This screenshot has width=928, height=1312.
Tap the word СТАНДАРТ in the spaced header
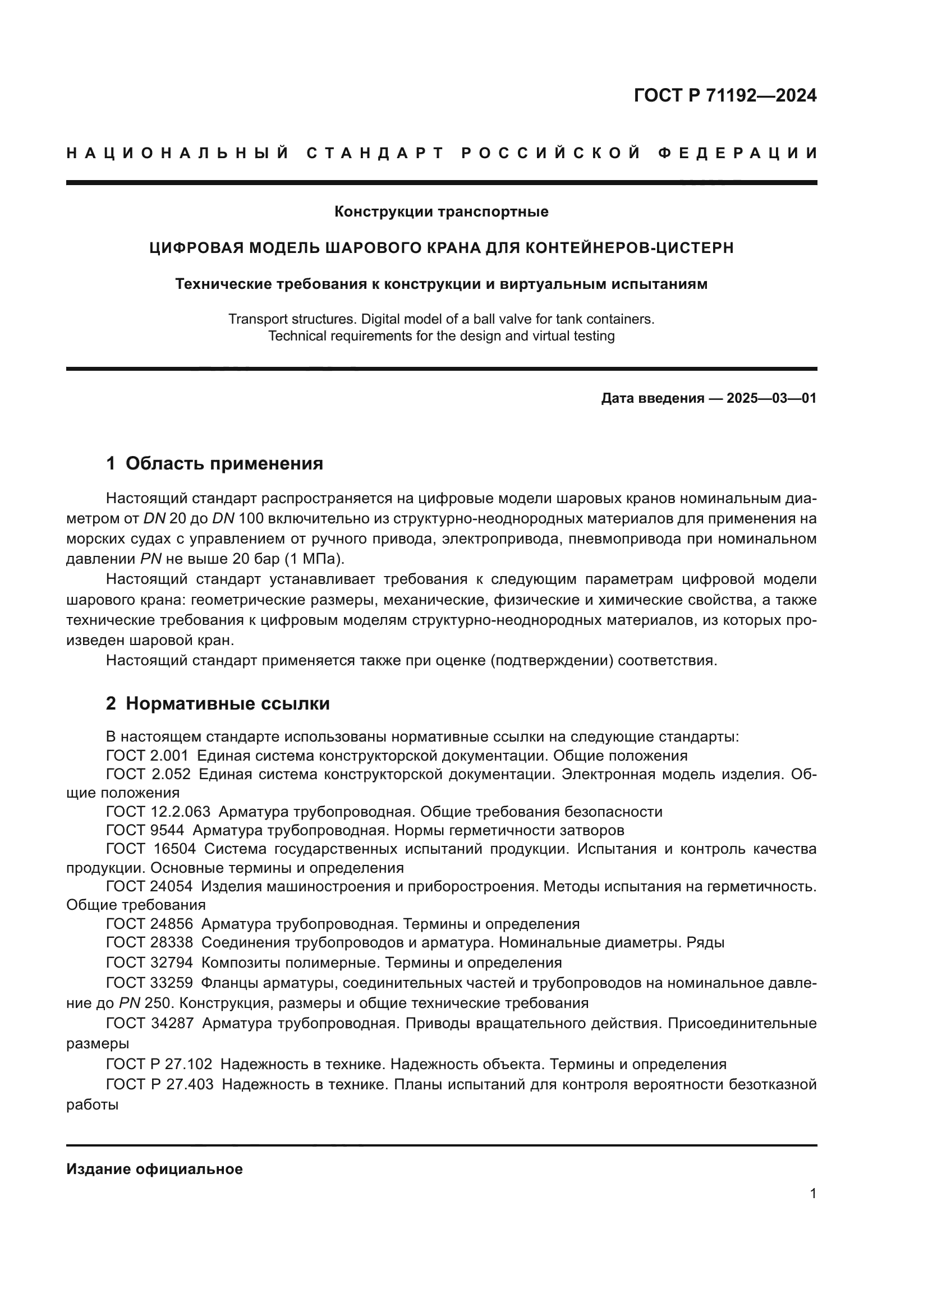click(375, 153)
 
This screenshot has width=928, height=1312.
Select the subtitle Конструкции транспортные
click(441, 212)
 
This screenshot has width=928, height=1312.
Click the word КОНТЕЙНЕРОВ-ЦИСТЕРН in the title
click(629, 248)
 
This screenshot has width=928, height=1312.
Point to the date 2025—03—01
click(771, 398)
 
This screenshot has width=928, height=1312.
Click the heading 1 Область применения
click(214, 463)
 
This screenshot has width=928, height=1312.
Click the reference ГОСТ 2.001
click(147, 756)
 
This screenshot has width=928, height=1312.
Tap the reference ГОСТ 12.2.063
click(158, 812)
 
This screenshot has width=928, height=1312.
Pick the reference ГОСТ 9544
click(145, 830)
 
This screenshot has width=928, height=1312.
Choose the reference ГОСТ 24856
click(150, 924)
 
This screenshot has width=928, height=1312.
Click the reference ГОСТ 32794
click(150, 963)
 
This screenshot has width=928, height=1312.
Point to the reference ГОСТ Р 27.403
click(159, 1084)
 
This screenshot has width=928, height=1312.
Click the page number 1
click(813, 1193)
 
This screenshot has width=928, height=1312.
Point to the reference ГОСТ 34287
click(150, 1023)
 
